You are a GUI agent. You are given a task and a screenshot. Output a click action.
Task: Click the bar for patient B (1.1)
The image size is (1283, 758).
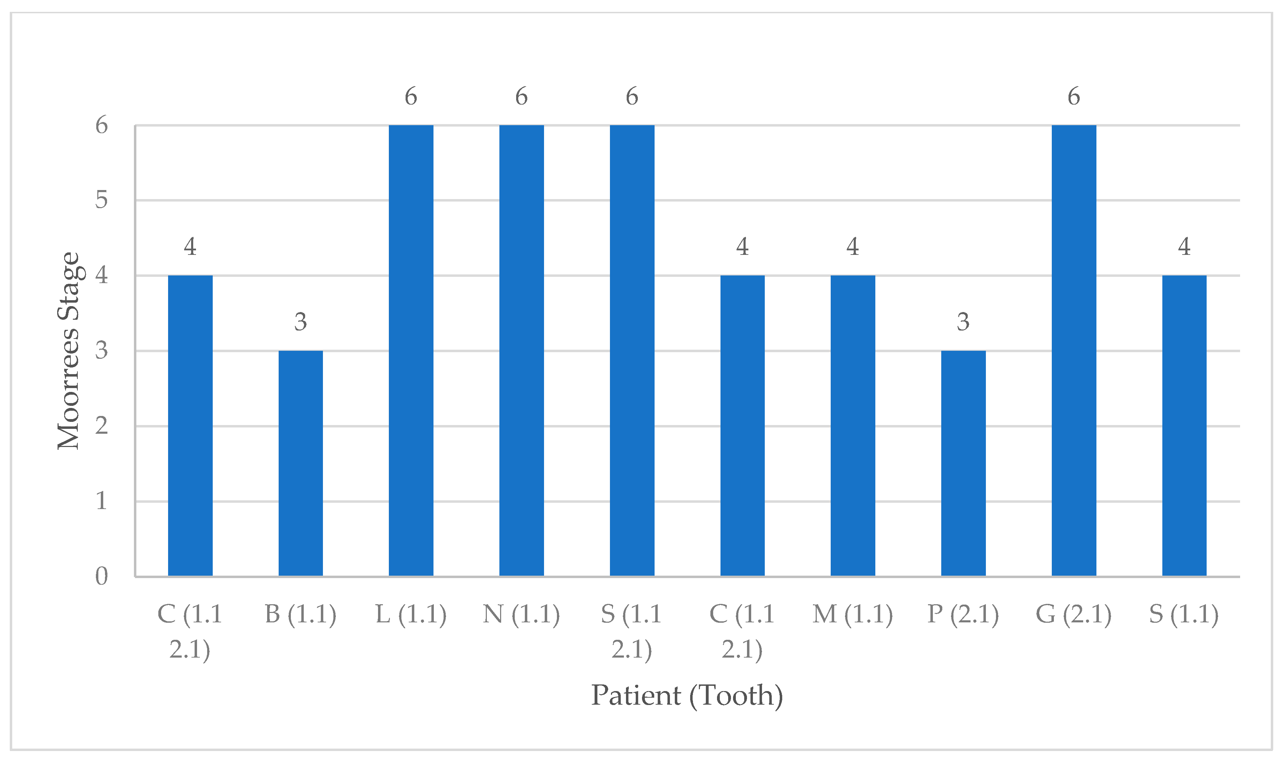[300, 463]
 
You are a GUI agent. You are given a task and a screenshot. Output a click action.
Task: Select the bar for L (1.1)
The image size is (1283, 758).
[411, 350]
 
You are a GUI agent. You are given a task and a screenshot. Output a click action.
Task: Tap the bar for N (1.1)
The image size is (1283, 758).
[521, 350]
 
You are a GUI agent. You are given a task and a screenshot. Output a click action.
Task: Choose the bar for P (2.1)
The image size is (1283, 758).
[963, 463]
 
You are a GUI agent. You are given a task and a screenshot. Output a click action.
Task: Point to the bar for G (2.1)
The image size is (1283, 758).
[1074, 350]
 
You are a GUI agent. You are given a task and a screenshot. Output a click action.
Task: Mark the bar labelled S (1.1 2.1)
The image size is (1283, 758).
[632, 350]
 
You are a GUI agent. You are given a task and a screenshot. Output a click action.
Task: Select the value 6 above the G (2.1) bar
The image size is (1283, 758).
[1074, 96]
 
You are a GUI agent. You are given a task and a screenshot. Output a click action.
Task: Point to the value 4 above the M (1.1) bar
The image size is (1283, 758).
[852, 247]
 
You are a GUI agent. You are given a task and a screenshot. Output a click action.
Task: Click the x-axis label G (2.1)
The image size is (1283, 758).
[1074, 614]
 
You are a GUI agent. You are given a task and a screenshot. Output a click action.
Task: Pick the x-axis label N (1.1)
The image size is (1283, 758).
[521, 614]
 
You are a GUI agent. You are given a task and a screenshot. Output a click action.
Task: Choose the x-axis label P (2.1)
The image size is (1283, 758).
[963, 614]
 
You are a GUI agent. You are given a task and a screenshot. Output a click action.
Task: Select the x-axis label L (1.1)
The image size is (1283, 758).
[411, 614]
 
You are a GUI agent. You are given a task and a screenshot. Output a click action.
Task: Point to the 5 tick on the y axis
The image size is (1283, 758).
[101, 200]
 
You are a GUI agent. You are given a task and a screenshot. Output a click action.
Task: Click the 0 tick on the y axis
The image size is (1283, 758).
[101, 576]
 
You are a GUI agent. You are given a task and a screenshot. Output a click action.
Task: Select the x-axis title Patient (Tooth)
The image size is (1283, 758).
[687, 695]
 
